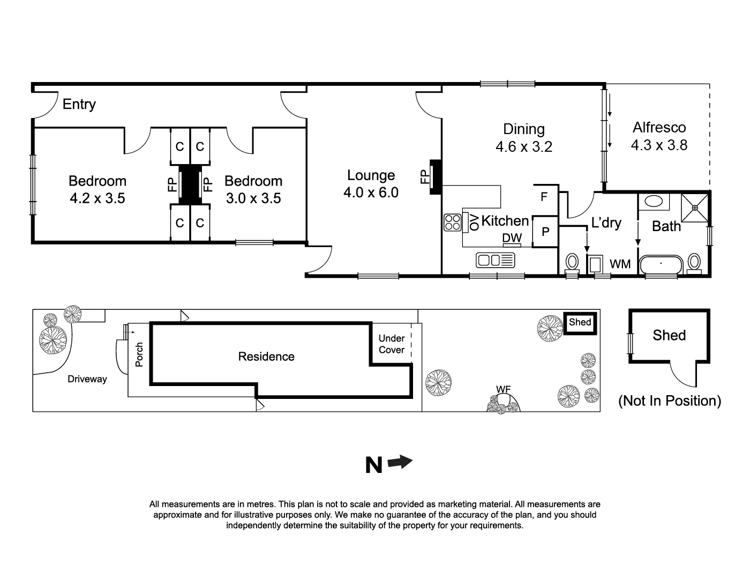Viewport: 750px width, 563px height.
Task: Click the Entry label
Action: (79, 104)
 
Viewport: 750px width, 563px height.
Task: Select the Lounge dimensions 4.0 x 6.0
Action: (371, 192)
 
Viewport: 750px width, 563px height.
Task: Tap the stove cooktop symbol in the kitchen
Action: (452, 222)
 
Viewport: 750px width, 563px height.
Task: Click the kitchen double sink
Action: (495, 261)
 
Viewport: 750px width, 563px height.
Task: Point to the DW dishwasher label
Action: (512, 238)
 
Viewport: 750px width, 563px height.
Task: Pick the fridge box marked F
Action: (544, 197)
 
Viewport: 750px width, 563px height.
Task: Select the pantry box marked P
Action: (545, 232)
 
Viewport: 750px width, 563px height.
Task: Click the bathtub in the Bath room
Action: (661, 264)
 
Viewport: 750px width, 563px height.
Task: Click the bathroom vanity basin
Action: (652, 202)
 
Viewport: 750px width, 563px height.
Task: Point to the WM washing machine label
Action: (620, 264)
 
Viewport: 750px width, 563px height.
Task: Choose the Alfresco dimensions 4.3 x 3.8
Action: (659, 145)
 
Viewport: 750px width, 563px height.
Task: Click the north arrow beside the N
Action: (400, 462)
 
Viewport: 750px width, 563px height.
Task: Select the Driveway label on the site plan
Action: (87, 379)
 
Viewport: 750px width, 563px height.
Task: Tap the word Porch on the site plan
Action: (139, 354)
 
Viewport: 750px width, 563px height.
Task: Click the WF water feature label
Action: (502, 389)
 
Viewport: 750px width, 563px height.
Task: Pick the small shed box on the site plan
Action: (580, 323)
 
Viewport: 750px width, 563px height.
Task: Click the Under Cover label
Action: (391, 344)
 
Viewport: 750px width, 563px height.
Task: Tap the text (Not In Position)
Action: (669, 401)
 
